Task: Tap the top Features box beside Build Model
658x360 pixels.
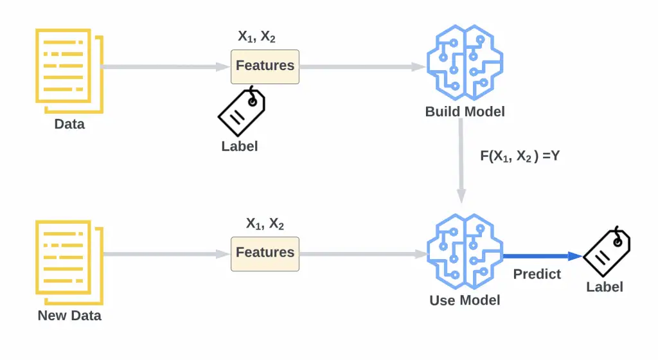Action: click(265, 66)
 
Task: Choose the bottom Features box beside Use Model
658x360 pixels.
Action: click(265, 253)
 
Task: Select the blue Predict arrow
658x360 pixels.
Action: click(542, 256)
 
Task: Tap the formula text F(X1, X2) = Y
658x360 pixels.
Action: click(520, 156)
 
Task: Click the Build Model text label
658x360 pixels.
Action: click(465, 112)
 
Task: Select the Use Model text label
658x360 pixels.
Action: click(465, 300)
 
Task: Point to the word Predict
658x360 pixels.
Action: click(537, 274)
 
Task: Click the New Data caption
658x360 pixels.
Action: click(69, 316)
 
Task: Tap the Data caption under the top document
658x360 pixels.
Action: click(69, 124)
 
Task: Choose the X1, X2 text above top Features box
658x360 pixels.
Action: click(256, 37)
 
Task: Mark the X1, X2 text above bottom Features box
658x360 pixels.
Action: click(265, 224)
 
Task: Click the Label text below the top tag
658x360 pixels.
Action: click(240, 147)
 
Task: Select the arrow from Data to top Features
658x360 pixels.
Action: click(166, 66)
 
